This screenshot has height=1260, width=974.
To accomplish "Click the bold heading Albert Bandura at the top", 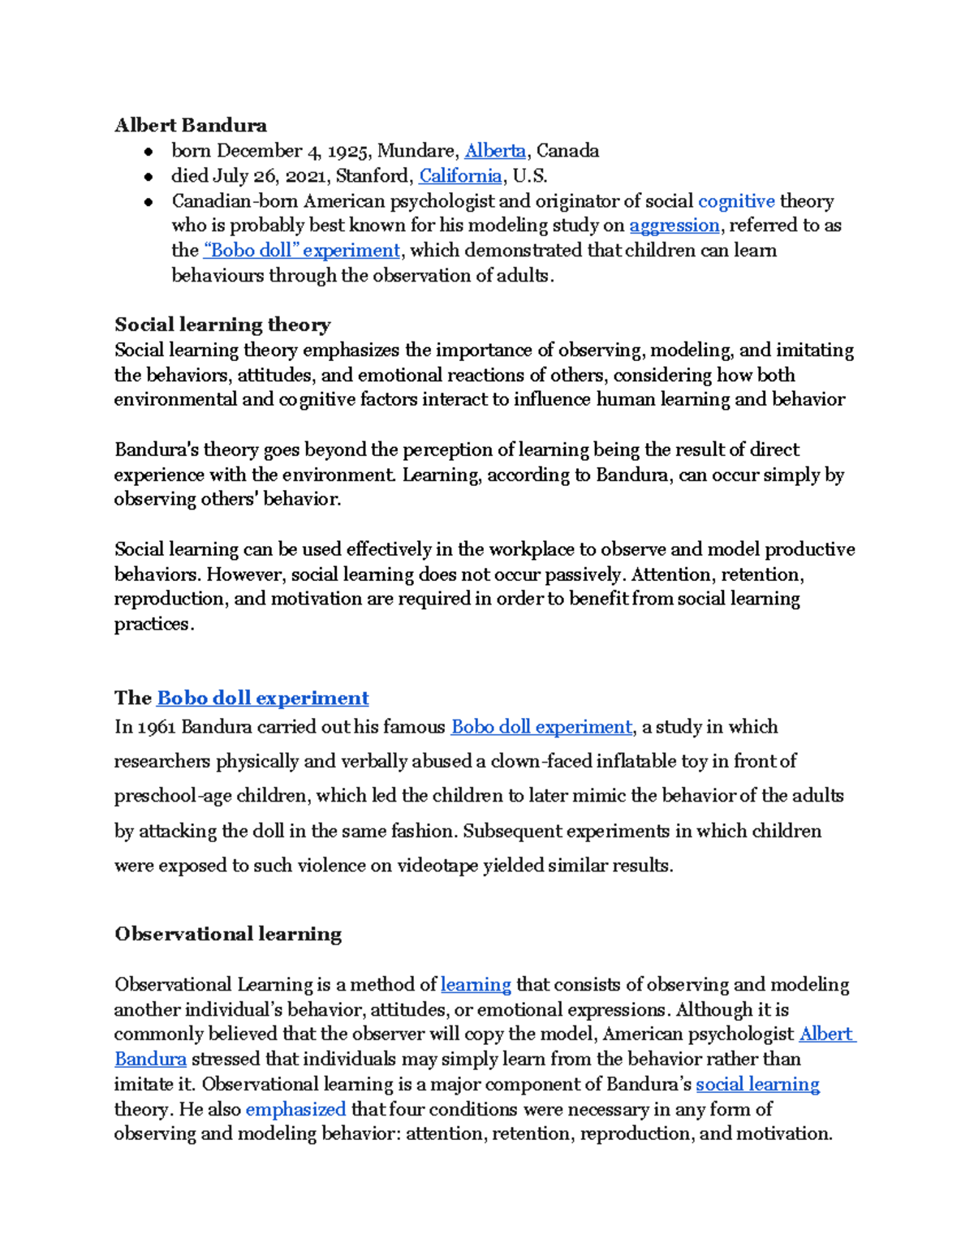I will (x=190, y=125).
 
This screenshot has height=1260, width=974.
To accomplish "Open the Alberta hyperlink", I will (x=494, y=151).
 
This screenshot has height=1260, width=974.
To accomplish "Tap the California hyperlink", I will (x=460, y=176).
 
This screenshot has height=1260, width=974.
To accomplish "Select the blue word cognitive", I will (x=736, y=201).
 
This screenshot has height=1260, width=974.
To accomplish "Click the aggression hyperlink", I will (x=674, y=226).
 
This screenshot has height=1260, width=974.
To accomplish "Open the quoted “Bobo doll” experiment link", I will (x=302, y=251).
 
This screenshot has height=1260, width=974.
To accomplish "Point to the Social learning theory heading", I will (x=222, y=325).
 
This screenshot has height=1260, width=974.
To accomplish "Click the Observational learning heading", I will (x=228, y=934).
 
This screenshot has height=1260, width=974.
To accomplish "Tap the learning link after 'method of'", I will (x=476, y=985).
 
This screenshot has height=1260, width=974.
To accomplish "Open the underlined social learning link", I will (x=757, y=1085).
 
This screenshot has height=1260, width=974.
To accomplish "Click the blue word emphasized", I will (x=295, y=1109).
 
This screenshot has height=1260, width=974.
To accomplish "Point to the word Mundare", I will (x=416, y=151).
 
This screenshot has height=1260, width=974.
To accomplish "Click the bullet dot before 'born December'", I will (x=148, y=152).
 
